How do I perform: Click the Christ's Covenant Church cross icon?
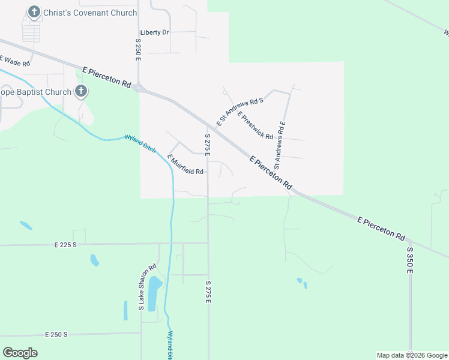(x=34, y=11)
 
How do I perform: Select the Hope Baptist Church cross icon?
(x=80, y=92)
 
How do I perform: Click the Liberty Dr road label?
(x=154, y=32)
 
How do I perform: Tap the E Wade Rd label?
(x=15, y=61)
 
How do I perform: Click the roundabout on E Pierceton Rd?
(x=139, y=88)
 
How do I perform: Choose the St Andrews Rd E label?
(x=280, y=144)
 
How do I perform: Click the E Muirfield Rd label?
(x=185, y=165)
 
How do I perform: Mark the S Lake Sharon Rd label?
(x=148, y=287)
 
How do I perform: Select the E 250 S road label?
(x=56, y=334)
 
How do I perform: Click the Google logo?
(x=20, y=353)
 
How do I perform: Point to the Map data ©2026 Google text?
(x=411, y=355)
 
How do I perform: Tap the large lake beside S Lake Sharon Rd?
(x=154, y=293)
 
